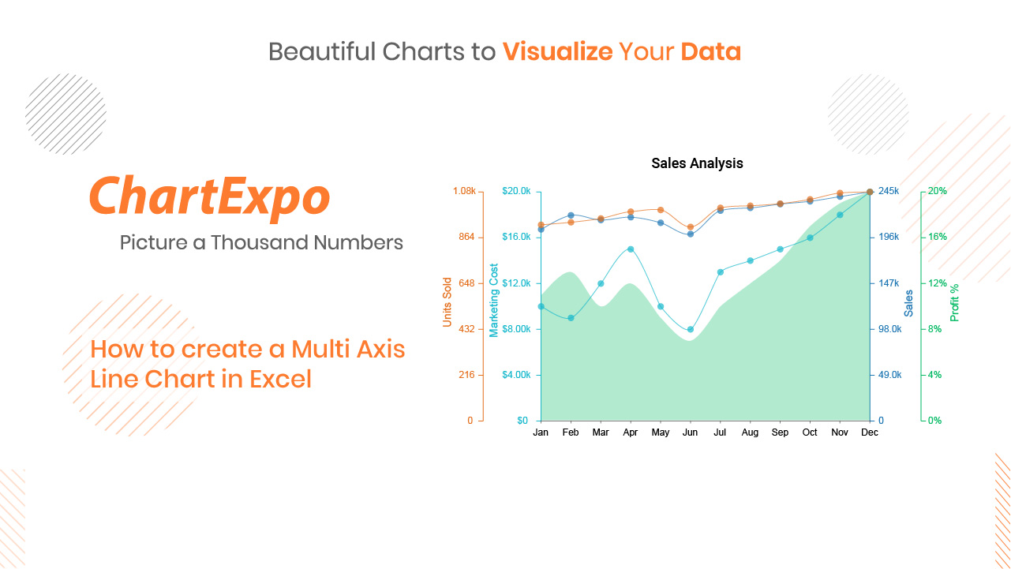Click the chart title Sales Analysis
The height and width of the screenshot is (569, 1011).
click(697, 163)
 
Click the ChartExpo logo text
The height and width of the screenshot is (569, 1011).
click(210, 197)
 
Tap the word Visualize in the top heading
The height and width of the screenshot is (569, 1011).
click(558, 51)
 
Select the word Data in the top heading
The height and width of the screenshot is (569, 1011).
click(711, 51)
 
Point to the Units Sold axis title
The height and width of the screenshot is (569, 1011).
click(447, 302)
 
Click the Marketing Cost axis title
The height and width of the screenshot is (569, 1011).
click(494, 301)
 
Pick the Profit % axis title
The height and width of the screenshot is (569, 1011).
click(954, 303)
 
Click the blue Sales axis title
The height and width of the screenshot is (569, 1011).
click(908, 303)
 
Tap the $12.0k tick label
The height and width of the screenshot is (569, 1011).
click(516, 283)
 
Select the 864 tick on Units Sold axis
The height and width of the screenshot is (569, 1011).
click(466, 237)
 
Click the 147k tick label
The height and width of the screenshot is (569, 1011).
click(889, 283)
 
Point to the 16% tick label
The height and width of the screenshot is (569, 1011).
click(938, 237)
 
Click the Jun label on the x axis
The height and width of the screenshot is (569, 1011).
click(690, 432)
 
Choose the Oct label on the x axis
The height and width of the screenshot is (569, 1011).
click(810, 432)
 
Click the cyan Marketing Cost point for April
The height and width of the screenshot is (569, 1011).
click(631, 249)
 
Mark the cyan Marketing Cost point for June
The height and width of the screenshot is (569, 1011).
click(690, 329)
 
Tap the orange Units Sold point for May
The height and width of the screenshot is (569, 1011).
click(661, 210)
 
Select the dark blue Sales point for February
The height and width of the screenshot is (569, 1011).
click(571, 215)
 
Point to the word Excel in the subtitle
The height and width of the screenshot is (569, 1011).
click(281, 379)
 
